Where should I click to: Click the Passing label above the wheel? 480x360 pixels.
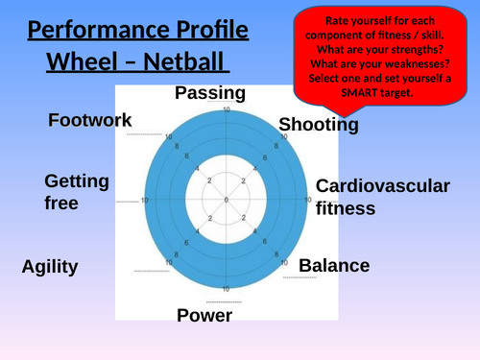click(210, 93)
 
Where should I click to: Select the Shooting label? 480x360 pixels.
click(319, 125)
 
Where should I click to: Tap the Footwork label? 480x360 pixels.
click(90, 120)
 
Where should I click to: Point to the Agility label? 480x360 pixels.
click(50, 267)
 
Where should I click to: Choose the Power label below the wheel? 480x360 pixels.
click(204, 315)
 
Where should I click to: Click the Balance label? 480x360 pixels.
click(334, 266)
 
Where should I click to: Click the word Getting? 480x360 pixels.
click(77, 181)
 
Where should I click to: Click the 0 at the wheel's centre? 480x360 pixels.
click(226, 200)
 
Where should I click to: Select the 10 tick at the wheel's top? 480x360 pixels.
click(227, 111)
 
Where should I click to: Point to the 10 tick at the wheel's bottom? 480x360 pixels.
click(227, 289)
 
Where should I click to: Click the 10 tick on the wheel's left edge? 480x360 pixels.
click(145, 201)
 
